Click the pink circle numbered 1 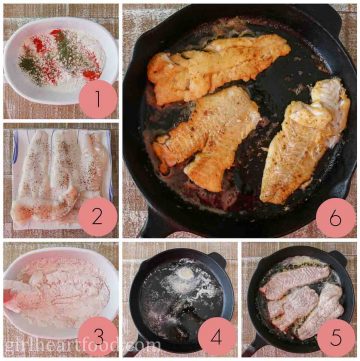tap(97, 97)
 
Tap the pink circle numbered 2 tap(97, 215)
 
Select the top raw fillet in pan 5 tap(295, 280)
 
